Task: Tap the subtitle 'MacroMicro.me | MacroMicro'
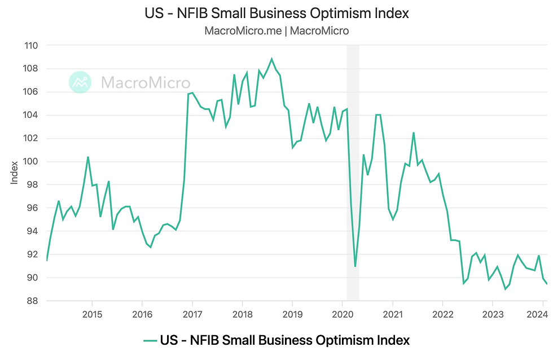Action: (276, 31)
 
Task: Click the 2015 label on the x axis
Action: (92, 314)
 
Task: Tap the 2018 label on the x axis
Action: (242, 314)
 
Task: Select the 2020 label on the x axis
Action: (343, 314)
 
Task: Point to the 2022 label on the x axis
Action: (442, 314)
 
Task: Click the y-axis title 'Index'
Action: (15, 173)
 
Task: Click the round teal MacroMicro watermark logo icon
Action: (80, 82)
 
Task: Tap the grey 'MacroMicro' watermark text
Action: (146, 83)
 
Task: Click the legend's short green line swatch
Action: (150, 341)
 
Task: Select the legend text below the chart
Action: (285, 340)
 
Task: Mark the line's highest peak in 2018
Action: (271, 59)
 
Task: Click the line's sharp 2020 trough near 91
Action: (355, 266)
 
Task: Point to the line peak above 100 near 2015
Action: (88, 157)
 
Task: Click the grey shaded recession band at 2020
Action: (353, 169)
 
